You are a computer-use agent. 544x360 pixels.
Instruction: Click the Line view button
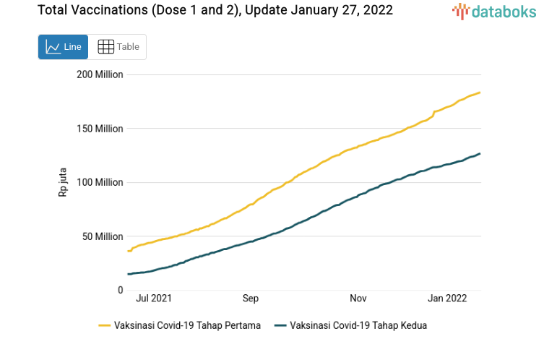pos(63,47)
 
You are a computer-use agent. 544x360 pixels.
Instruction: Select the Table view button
pos(118,47)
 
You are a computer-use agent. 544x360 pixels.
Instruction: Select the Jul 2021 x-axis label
pos(154,298)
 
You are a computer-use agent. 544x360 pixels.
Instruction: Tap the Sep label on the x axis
pos(250,298)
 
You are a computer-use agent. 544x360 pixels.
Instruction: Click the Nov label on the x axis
pos(358,298)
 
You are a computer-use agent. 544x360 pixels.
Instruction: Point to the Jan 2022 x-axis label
pos(448,298)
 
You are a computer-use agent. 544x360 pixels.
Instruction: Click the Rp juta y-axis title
pos(63,183)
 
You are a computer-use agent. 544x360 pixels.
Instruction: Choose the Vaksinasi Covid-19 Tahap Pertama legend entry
pos(180,325)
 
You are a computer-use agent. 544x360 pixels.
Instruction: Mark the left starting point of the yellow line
pos(128,251)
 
